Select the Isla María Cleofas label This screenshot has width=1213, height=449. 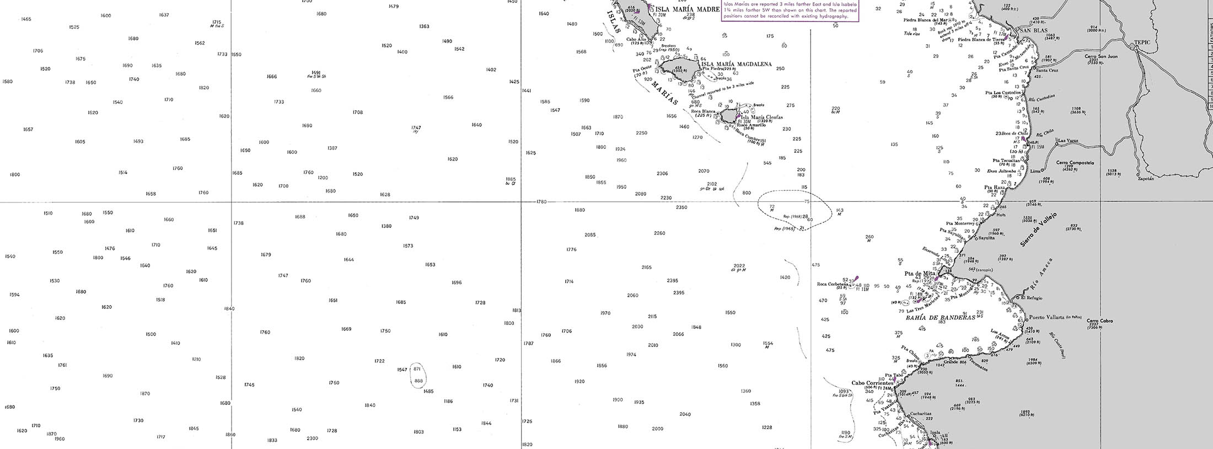tap(761, 117)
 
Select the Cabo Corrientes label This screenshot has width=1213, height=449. tap(872, 383)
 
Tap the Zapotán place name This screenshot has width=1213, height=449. tap(1145, 178)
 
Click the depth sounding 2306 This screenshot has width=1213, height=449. tap(662, 173)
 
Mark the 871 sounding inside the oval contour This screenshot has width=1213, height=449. tap(417, 368)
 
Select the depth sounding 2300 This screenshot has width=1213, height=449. tap(312, 438)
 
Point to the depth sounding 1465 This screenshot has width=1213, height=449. tap(26, 19)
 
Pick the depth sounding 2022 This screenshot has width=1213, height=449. tap(739, 265)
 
